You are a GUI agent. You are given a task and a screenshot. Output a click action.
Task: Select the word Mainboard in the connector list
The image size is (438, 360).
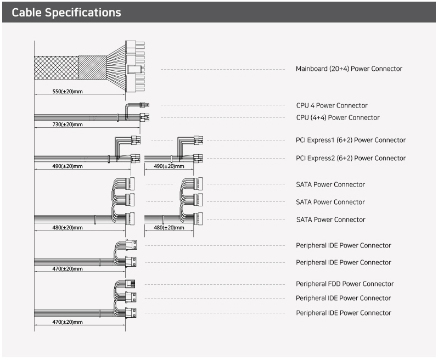point(311,69)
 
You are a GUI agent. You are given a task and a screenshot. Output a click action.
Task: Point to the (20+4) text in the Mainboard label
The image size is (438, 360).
point(339,69)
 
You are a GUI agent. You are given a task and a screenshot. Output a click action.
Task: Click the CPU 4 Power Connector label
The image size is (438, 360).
point(332,105)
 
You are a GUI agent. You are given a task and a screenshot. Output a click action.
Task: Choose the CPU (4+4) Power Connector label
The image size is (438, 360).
point(338,117)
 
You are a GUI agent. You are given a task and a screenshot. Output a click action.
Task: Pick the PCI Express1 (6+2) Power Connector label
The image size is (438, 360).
point(351,140)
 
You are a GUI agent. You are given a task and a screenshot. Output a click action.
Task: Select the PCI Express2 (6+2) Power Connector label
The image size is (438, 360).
point(351,158)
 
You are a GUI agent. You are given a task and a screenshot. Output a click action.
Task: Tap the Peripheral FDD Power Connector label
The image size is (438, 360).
point(345,284)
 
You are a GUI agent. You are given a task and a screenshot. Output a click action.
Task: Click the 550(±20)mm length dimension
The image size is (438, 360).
point(67,91)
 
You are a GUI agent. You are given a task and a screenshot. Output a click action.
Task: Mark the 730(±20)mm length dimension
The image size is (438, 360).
point(67,125)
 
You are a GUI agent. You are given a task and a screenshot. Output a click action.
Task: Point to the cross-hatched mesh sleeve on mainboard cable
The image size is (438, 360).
point(56,69)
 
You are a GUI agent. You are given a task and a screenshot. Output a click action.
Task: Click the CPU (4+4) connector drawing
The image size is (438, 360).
point(145,116)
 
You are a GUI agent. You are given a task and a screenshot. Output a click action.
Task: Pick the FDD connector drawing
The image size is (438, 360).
point(131,284)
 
